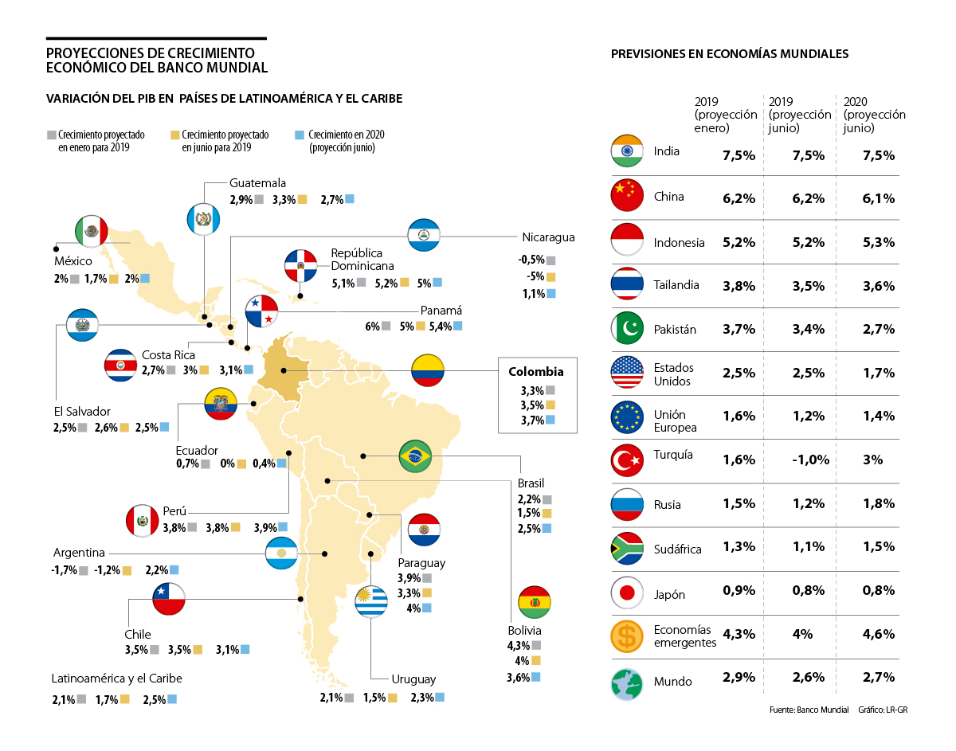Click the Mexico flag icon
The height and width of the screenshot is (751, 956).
point(90,231)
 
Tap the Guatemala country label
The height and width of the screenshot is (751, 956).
point(257,183)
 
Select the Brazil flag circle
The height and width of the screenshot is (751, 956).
point(415,456)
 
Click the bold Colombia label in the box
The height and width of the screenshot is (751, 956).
point(535,371)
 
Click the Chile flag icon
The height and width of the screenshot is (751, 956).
point(168,598)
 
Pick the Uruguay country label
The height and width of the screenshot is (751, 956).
point(413,679)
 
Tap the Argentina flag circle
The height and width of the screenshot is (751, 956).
point(281,553)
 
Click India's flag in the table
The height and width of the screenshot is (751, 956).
point(627,151)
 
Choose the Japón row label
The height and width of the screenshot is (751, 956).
point(669,594)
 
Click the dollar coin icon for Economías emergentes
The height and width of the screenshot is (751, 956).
point(627,636)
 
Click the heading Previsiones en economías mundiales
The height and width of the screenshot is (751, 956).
point(729,54)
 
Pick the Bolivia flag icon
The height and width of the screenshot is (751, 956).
point(533,602)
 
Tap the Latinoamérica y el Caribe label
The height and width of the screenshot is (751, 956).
point(117,679)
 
